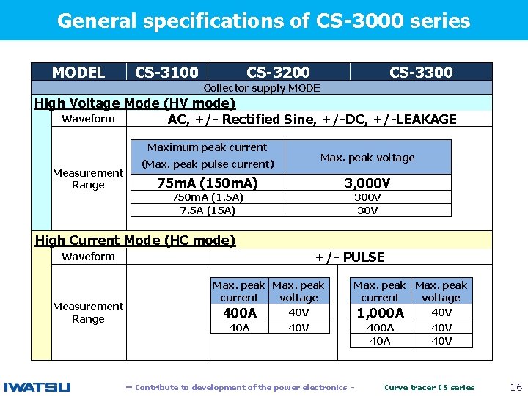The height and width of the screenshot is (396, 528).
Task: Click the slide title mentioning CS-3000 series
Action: click(x=263, y=21)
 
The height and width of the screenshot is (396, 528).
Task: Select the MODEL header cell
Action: click(x=78, y=72)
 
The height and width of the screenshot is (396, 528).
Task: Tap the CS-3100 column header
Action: click(x=166, y=72)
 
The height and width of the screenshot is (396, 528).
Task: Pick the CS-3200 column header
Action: click(x=278, y=72)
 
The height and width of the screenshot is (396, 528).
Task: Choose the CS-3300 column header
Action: click(x=421, y=72)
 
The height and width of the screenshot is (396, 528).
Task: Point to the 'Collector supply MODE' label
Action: click(x=262, y=88)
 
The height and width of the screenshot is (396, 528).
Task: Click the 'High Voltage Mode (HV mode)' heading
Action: click(x=135, y=103)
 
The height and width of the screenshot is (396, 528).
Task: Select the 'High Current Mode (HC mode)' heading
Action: click(x=135, y=240)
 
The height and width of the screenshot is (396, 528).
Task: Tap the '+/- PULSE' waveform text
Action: click(x=350, y=257)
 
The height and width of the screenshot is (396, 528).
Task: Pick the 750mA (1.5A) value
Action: click(x=208, y=197)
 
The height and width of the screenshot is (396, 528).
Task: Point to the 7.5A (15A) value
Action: click(x=208, y=210)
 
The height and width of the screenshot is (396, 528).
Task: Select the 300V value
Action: click(x=367, y=197)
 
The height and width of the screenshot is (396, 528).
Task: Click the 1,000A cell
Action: click(x=380, y=313)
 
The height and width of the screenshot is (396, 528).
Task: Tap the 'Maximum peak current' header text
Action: click(x=208, y=147)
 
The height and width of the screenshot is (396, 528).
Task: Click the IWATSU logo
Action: click(x=37, y=386)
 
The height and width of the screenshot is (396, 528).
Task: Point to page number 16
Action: click(x=516, y=386)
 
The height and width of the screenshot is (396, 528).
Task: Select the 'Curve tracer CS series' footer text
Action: click(x=430, y=387)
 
